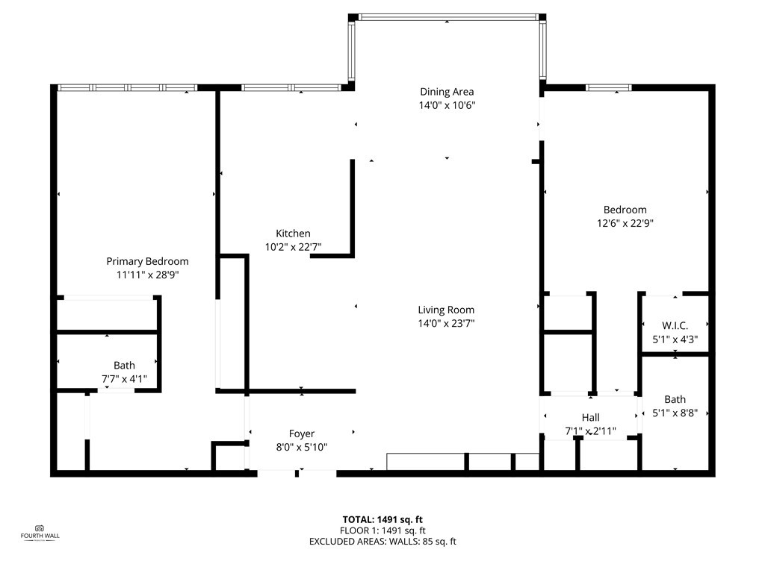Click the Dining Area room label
pos(447,92)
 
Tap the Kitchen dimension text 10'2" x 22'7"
pos(293,247)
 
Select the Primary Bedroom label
pos(147,261)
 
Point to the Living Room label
pos(446,310)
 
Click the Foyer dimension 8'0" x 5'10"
pos(302,447)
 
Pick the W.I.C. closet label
pos(675,326)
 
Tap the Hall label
pos(590,418)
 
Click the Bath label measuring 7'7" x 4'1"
pos(124,366)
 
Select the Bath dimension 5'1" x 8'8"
pos(675,413)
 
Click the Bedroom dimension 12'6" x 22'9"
pos(625,223)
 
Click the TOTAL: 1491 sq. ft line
pos(382,520)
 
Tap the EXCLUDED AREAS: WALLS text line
pos(382,542)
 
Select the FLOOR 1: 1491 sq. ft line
pos(382,530)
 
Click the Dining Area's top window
pos(447,17)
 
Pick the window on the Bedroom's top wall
pos(608,88)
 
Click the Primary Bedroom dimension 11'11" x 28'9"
pos(147,275)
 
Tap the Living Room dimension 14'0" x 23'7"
pos(446,323)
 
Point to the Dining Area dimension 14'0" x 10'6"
pos(447,105)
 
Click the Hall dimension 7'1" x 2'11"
pos(590,431)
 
